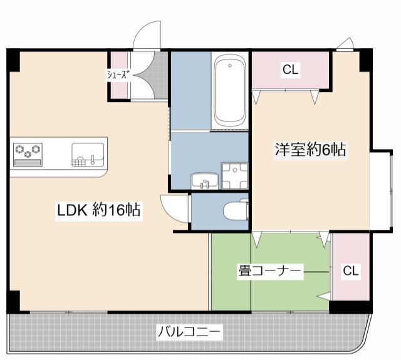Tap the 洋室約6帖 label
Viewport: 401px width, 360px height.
(310, 150)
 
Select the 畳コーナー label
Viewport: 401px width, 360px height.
(270, 271)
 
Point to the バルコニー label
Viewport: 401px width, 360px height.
(189, 331)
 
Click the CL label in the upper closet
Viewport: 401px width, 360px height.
(289, 70)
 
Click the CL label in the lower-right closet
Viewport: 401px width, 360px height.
(351, 271)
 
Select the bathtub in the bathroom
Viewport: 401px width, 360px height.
(230, 91)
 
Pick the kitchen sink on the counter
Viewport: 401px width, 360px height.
(88, 154)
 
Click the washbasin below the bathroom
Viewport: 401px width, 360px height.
(203, 180)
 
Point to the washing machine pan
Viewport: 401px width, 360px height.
(234, 176)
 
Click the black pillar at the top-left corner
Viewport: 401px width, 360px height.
(14, 59)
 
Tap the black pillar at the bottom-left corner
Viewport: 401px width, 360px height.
(14, 301)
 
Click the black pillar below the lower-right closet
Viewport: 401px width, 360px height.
(350, 306)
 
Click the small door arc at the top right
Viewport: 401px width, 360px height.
(345, 44)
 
